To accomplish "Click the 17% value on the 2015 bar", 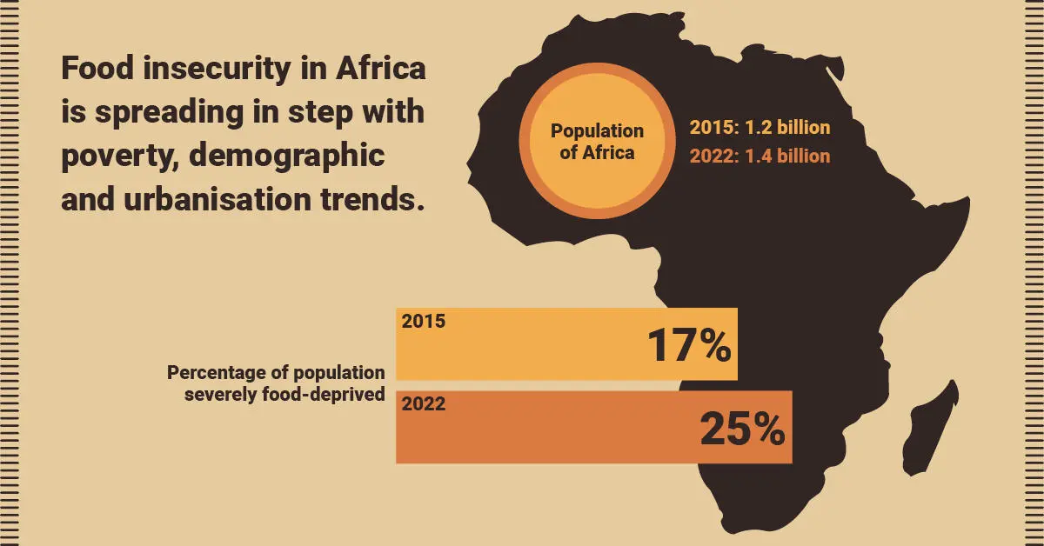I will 688,346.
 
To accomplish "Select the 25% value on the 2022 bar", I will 742,429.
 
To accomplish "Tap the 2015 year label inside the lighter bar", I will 423,322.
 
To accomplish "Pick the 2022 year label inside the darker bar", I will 423,404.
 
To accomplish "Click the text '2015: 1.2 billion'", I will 760,128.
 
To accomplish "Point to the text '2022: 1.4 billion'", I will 760,156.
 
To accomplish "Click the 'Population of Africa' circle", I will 597,142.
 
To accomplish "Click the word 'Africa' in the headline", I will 381,70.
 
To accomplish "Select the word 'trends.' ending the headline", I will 373,200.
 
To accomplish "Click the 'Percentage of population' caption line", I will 276,373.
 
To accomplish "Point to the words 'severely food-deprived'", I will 284,394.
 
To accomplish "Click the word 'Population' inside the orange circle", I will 597,131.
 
